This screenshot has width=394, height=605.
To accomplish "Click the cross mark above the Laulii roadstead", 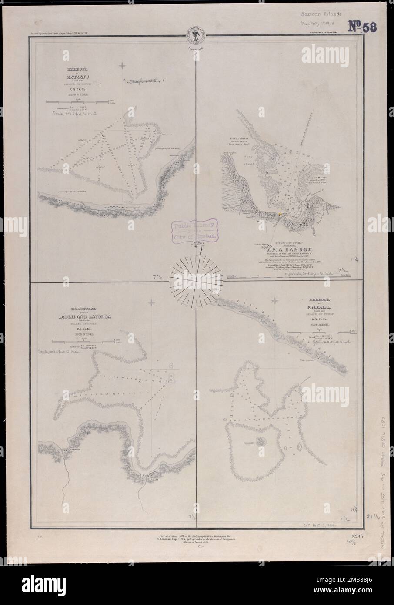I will pos(152,302).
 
